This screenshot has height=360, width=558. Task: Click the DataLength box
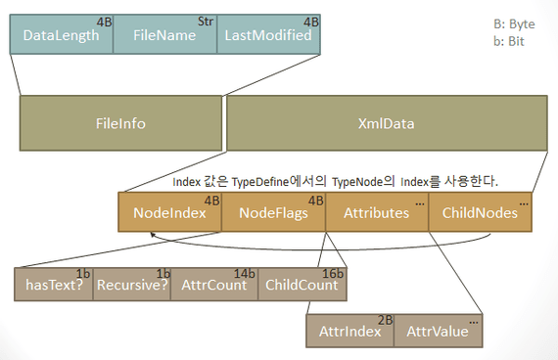tap(61, 35)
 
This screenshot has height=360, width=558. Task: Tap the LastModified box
tap(268, 35)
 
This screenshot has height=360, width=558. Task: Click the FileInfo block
tap(120, 124)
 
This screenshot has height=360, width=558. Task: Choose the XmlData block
tap(386, 124)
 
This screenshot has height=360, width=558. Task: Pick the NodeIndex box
tap(169, 212)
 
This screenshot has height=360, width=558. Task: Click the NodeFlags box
tap(273, 212)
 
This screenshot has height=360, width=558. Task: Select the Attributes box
tap(375, 212)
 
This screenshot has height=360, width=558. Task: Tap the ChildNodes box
tap(480, 212)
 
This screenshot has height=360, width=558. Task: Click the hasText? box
tap(53, 286)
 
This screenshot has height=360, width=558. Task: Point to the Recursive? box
tap(133, 286)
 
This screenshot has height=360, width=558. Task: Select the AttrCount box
tap(214, 286)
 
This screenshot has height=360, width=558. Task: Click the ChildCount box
tap(302, 286)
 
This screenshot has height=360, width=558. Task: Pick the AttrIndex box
tap(349, 331)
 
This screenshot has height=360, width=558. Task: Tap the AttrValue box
tap(439, 331)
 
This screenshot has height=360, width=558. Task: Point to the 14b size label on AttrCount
tap(246, 273)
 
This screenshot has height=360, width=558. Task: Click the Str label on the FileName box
tap(205, 21)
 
